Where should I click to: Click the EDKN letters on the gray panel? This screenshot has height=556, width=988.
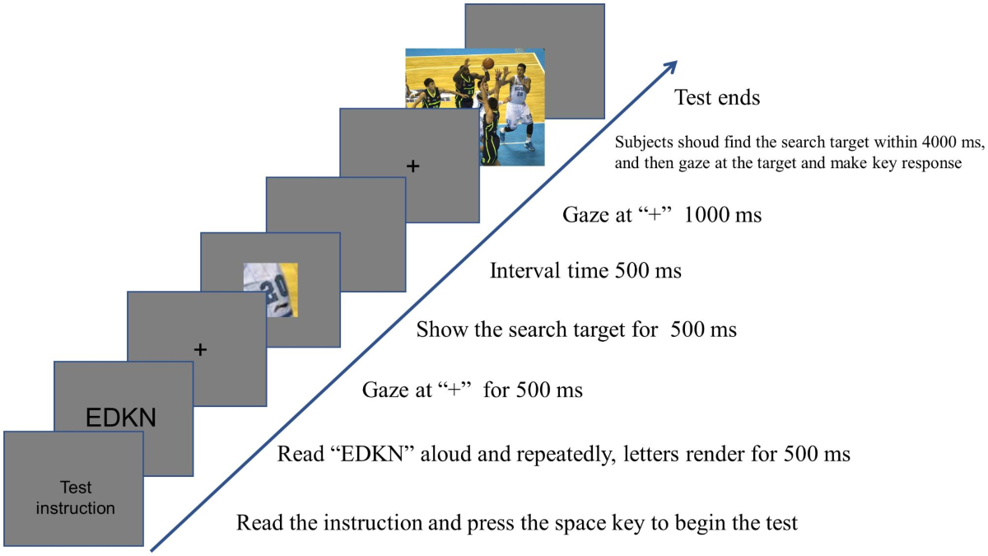(x=121, y=418)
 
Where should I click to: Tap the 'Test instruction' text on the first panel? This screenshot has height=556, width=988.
(x=75, y=497)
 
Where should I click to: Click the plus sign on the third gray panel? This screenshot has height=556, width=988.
(x=198, y=349)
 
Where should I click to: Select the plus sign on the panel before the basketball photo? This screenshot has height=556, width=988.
(x=413, y=166)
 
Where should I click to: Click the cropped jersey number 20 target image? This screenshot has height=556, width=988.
(x=270, y=290)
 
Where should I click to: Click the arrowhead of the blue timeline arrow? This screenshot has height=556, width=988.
(x=671, y=67)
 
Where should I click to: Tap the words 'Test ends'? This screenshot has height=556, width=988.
(x=717, y=98)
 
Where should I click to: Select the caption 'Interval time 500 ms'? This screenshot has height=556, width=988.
(x=585, y=270)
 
